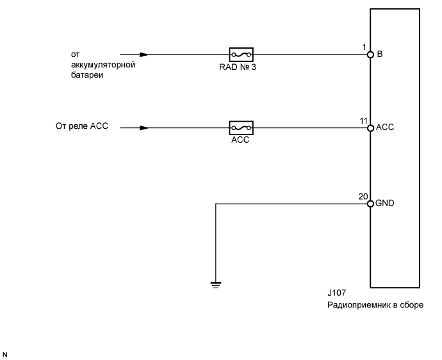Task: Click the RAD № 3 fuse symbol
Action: [241, 54]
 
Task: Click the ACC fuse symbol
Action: [241, 128]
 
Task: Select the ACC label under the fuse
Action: [240, 140]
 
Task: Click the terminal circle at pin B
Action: [370, 55]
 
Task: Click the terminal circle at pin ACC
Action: [370, 128]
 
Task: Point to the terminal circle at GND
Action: [370, 204]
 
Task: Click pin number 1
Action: [364, 47]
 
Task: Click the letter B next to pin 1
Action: [380, 55]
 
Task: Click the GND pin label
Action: [385, 204]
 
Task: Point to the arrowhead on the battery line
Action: [144, 54]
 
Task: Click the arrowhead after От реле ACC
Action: [144, 127]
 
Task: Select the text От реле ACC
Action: [82, 126]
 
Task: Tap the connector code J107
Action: [336, 294]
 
